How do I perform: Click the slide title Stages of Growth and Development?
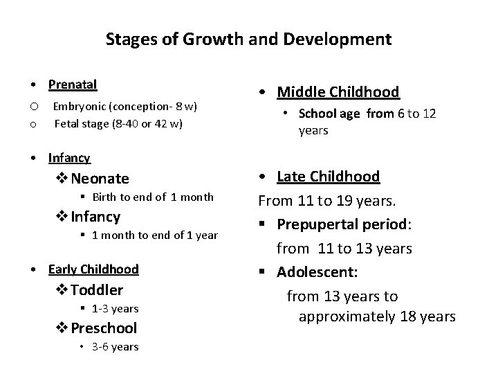pyautogui.click(x=248, y=39)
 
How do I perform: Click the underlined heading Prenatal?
pyautogui.click(x=72, y=84)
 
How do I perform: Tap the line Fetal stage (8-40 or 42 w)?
pyautogui.click(x=118, y=124)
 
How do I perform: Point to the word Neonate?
pyautogui.click(x=100, y=179)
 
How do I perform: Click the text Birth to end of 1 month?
pyautogui.click(x=152, y=197)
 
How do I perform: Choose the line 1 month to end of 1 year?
pyautogui.click(x=154, y=235)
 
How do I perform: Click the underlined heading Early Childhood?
pyautogui.click(x=93, y=269)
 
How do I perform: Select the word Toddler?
pyautogui.click(x=97, y=290)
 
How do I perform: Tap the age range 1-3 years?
pyautogui.click(x=115, y=308)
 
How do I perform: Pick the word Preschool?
pyautogui.click(x=104, y=328)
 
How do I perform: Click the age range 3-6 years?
pyautogui.click(x=115, y=346)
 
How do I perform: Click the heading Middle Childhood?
pyautogui.click(x=338, y=92)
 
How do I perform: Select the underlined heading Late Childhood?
pyautogui.click(x=328, y=177)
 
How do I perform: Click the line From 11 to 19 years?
pyautogui.click(x=327, y=202)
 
